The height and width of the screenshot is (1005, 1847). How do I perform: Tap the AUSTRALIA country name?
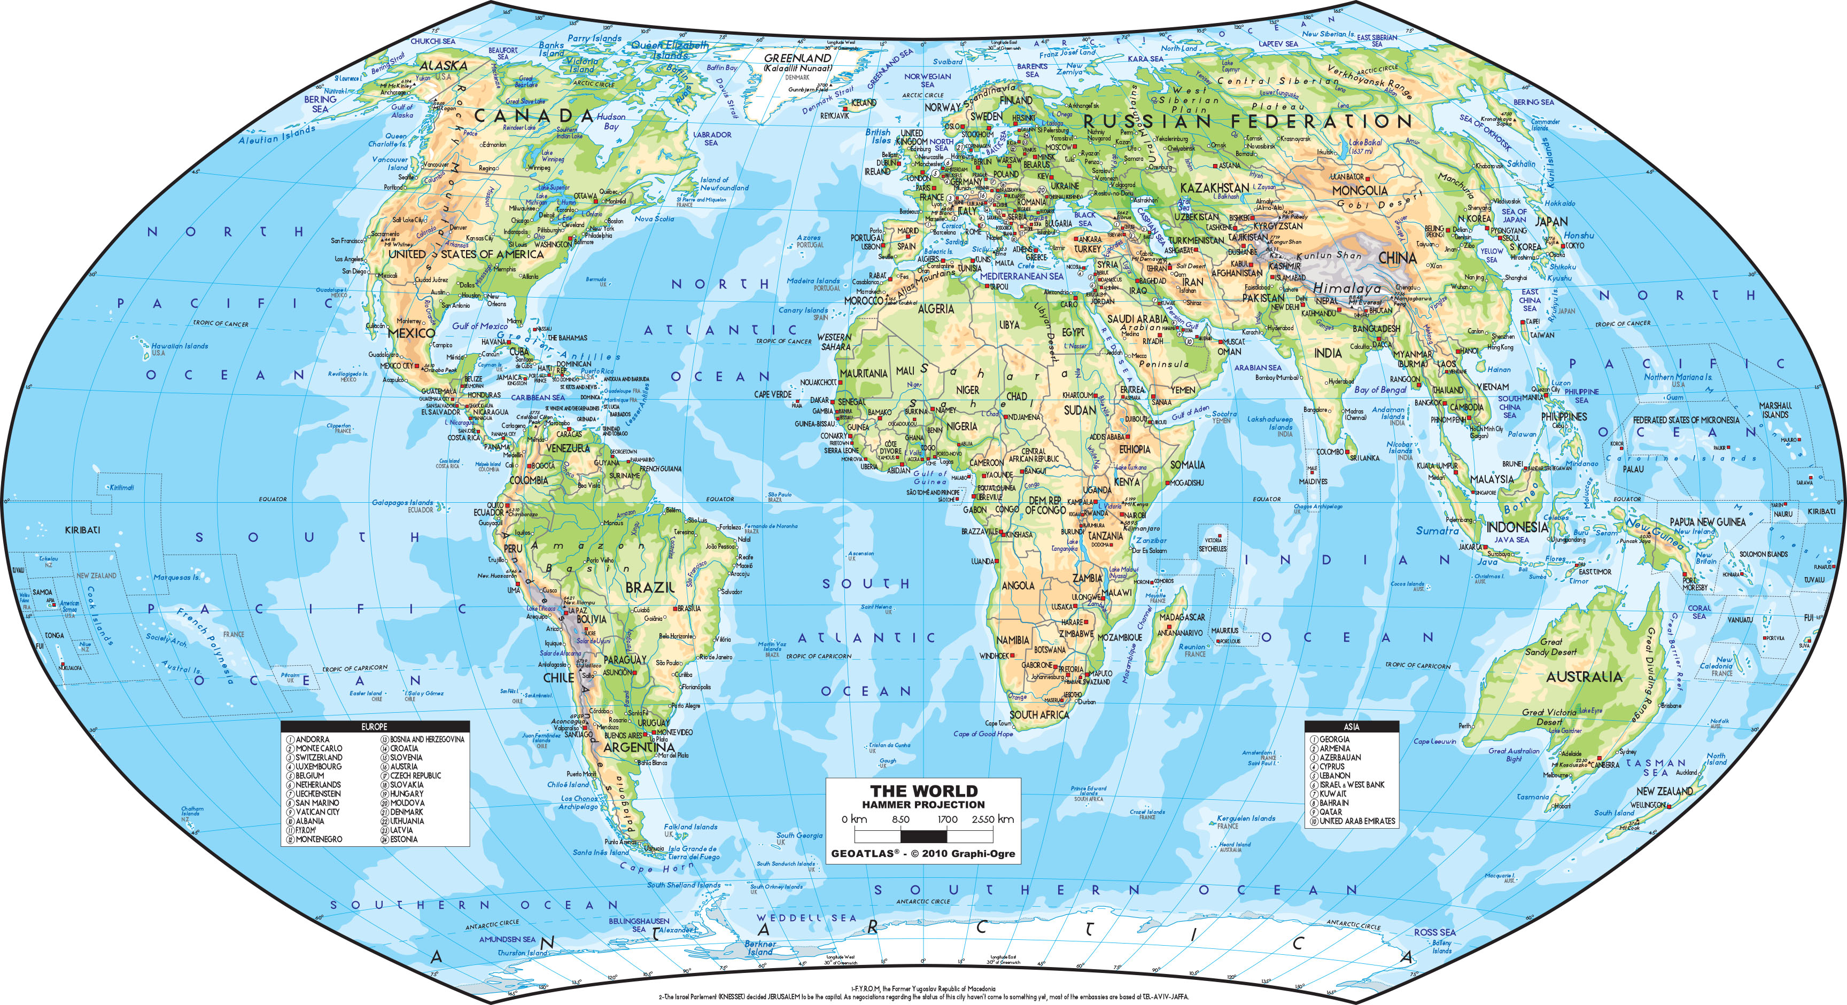1583,677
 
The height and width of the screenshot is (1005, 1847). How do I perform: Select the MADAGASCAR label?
1182,617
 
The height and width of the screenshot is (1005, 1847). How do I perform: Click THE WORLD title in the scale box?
923,791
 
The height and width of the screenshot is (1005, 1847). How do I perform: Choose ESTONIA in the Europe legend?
403,839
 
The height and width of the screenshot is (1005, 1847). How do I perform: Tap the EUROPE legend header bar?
374,727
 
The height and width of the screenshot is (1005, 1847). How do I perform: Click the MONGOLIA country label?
1360,191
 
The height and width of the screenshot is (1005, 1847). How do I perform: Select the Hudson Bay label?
611,121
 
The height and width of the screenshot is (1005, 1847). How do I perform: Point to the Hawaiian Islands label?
179,346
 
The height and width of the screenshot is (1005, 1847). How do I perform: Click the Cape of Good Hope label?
983,734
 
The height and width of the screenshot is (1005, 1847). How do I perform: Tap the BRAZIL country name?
650,588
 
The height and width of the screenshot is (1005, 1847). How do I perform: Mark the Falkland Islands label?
690,827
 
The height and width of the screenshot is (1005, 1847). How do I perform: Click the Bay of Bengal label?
1380,389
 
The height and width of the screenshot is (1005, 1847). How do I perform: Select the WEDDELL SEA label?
806,917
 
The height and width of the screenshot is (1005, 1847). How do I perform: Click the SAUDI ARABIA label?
1137,319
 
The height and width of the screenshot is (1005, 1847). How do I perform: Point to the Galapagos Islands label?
402,502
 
